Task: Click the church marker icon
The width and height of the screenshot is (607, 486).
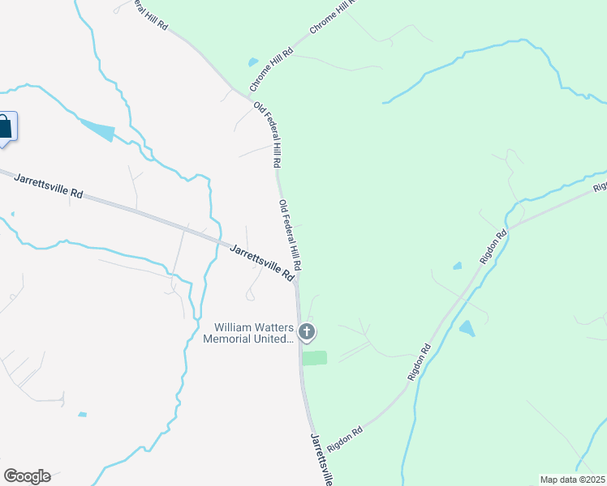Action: pyautogui.click(x=307, y=331)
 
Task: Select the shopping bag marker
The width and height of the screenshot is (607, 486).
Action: pyautogui.click(x=5, y=128)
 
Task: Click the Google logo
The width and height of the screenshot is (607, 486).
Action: pyautogui.click(x=27, y=475)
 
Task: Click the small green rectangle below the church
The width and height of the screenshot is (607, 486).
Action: pyautogui.click(x=314, y=358)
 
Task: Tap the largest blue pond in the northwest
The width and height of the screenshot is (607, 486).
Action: pyautogui.click(x=97, y=130)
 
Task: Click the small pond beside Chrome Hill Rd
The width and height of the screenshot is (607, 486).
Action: pyautogui.click(x=253, y=62)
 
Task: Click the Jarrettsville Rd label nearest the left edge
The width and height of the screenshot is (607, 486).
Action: pyautogui.click(x=50, y=185)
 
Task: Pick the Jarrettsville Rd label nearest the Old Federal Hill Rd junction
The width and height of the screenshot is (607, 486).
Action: pyautogui.click(x=261, y=262)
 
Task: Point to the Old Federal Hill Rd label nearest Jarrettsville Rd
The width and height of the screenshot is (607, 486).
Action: pyautogui.click(x=291, y=235)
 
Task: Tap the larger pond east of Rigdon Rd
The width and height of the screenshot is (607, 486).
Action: pyautogui.click(x=467, y=328)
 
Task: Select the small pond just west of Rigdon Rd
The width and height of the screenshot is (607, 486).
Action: pyautogui.click(x=458, y=266)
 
